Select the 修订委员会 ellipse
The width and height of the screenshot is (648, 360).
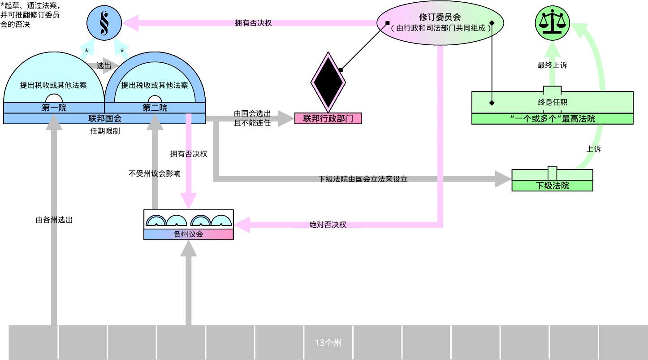[x=440, y=23]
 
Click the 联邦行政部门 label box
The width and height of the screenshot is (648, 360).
[x=328, y=118]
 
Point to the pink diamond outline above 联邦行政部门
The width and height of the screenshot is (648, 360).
[x=328, y=82]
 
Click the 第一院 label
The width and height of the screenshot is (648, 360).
[x=54, y=108]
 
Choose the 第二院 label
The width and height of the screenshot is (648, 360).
[x=155, y=108]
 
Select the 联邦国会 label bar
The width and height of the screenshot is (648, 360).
[x=104, y=118]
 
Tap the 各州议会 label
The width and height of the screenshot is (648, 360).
[x=188, y=234]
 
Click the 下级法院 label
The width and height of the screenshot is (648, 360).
[x=552, y=186]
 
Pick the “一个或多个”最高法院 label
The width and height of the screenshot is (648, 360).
[x=552, y=119]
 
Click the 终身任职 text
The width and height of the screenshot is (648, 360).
[x=552, y=102]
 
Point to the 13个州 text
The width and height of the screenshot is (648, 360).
[x=328, y=343]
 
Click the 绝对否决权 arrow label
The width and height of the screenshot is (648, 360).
[x=328, y=225]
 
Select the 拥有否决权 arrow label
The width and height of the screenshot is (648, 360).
[x=254, y=23]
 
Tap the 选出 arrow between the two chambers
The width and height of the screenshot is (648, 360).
[x=104, y=65]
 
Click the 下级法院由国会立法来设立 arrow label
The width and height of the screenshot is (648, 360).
[x=363, y=179]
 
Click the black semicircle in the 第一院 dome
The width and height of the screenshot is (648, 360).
[x=54, y=99]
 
